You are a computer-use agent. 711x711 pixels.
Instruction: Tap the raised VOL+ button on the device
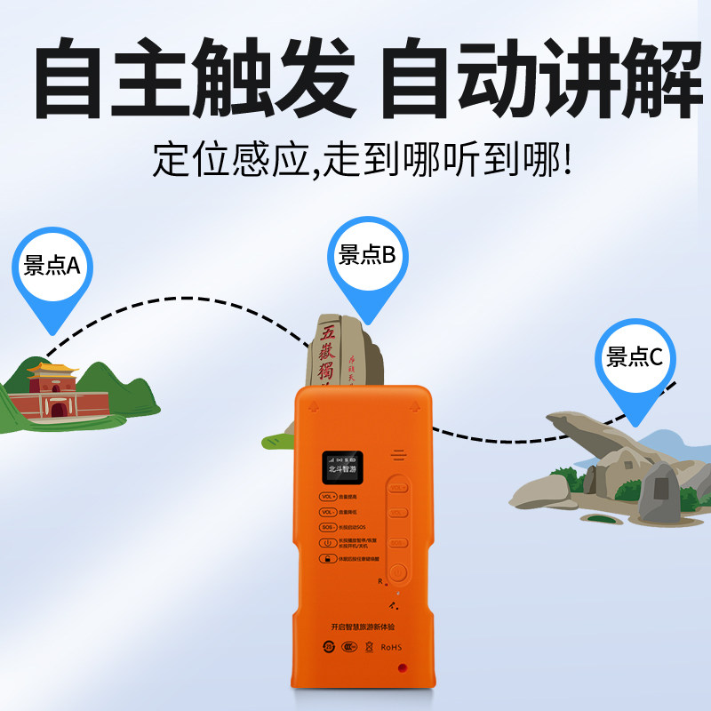point(398,488)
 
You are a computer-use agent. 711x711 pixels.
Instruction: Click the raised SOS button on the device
point(398,542)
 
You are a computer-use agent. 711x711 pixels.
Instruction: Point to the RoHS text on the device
point(391,647)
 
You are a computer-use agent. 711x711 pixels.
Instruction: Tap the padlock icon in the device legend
point(327,559)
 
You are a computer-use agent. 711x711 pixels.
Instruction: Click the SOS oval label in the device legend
point(327,528)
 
